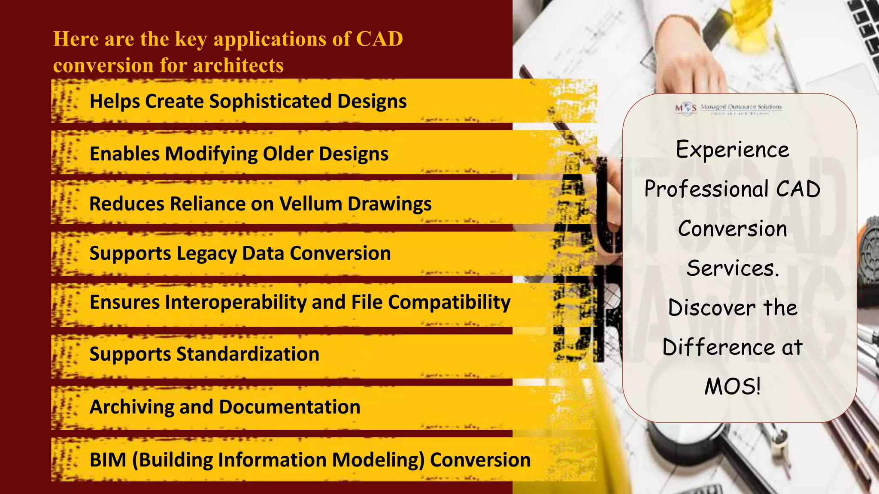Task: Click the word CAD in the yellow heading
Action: click(x=379, y=39)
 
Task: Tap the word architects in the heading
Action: click(x=238, y=66)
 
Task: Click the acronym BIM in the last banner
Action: click(x=108, y=460)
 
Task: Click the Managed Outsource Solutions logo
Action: click(x=728, y=108)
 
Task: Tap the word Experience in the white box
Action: click(x=732, y=150)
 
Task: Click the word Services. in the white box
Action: click(x=732, y=268)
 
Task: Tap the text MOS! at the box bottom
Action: click(x=732, y=386)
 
